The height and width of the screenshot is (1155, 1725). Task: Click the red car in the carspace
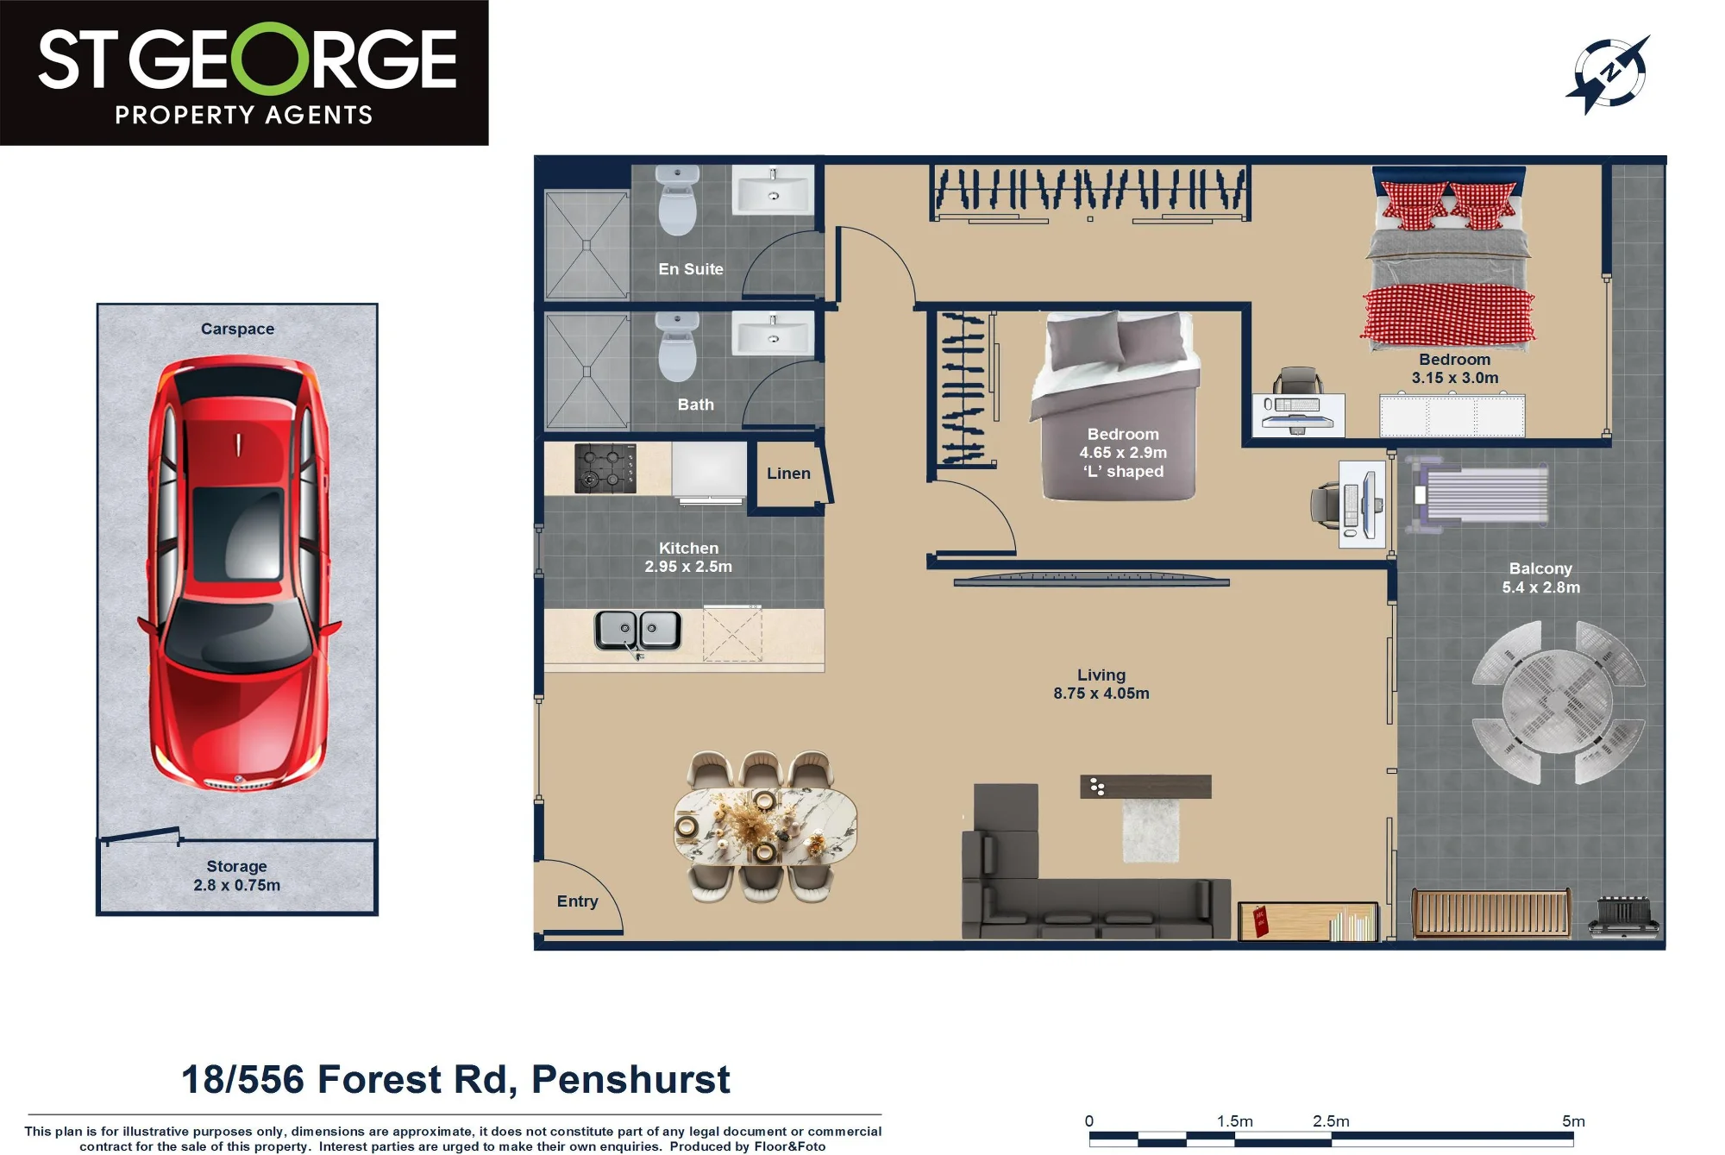point(237,574)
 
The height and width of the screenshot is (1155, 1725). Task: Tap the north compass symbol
point(1609,74)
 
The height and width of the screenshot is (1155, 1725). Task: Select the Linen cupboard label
point(788,474)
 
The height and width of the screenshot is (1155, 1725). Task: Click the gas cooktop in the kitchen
point(605,468)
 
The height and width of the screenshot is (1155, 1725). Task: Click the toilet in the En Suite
point(677,200)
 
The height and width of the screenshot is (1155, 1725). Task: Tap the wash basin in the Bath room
point(773,334)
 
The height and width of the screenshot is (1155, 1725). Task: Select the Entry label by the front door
point(577,901)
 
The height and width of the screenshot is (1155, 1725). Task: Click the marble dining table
point(765,825)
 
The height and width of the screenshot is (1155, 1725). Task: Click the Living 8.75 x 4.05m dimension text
point(1101,684)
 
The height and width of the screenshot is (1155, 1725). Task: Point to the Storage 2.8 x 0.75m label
point(236,876)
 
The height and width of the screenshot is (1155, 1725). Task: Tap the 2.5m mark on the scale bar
point(1331,1121)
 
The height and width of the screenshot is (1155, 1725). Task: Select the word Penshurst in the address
point(630,1080)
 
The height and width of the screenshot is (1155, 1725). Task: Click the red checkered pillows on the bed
point(1449,205)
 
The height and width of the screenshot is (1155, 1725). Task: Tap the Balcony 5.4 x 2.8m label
point(1541,578)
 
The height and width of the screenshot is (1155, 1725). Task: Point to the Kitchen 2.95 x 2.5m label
point(688,557)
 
